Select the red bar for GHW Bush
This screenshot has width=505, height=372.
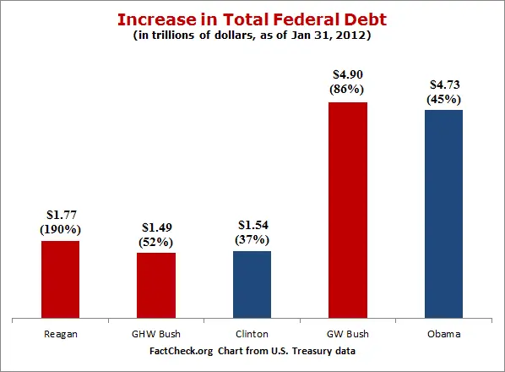pyautogui.click(x=156, y=286)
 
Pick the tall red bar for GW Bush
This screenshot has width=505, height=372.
pyautogui.click(x=347, y=211)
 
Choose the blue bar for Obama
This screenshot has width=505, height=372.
pyautogui.click(x=443, y=215)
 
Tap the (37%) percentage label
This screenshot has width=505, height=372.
pyautogui.click(x=252, y=240)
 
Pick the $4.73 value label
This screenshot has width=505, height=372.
pyautogui.click(x=443, y=85)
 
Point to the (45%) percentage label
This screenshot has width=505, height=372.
pyautogui.click(x=443, y=99)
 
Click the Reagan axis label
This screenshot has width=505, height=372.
pyautogui.click(x=61, y=333)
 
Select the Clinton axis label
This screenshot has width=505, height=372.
pyautogui.click(x=252, y=333)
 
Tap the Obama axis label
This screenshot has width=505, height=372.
pyautogui.click(x=443, y=333)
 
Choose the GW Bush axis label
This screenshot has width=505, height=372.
pyautogui.click(x=347, y=333)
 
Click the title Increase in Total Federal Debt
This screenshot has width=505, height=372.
pyautogui.click(x=252, y=19)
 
